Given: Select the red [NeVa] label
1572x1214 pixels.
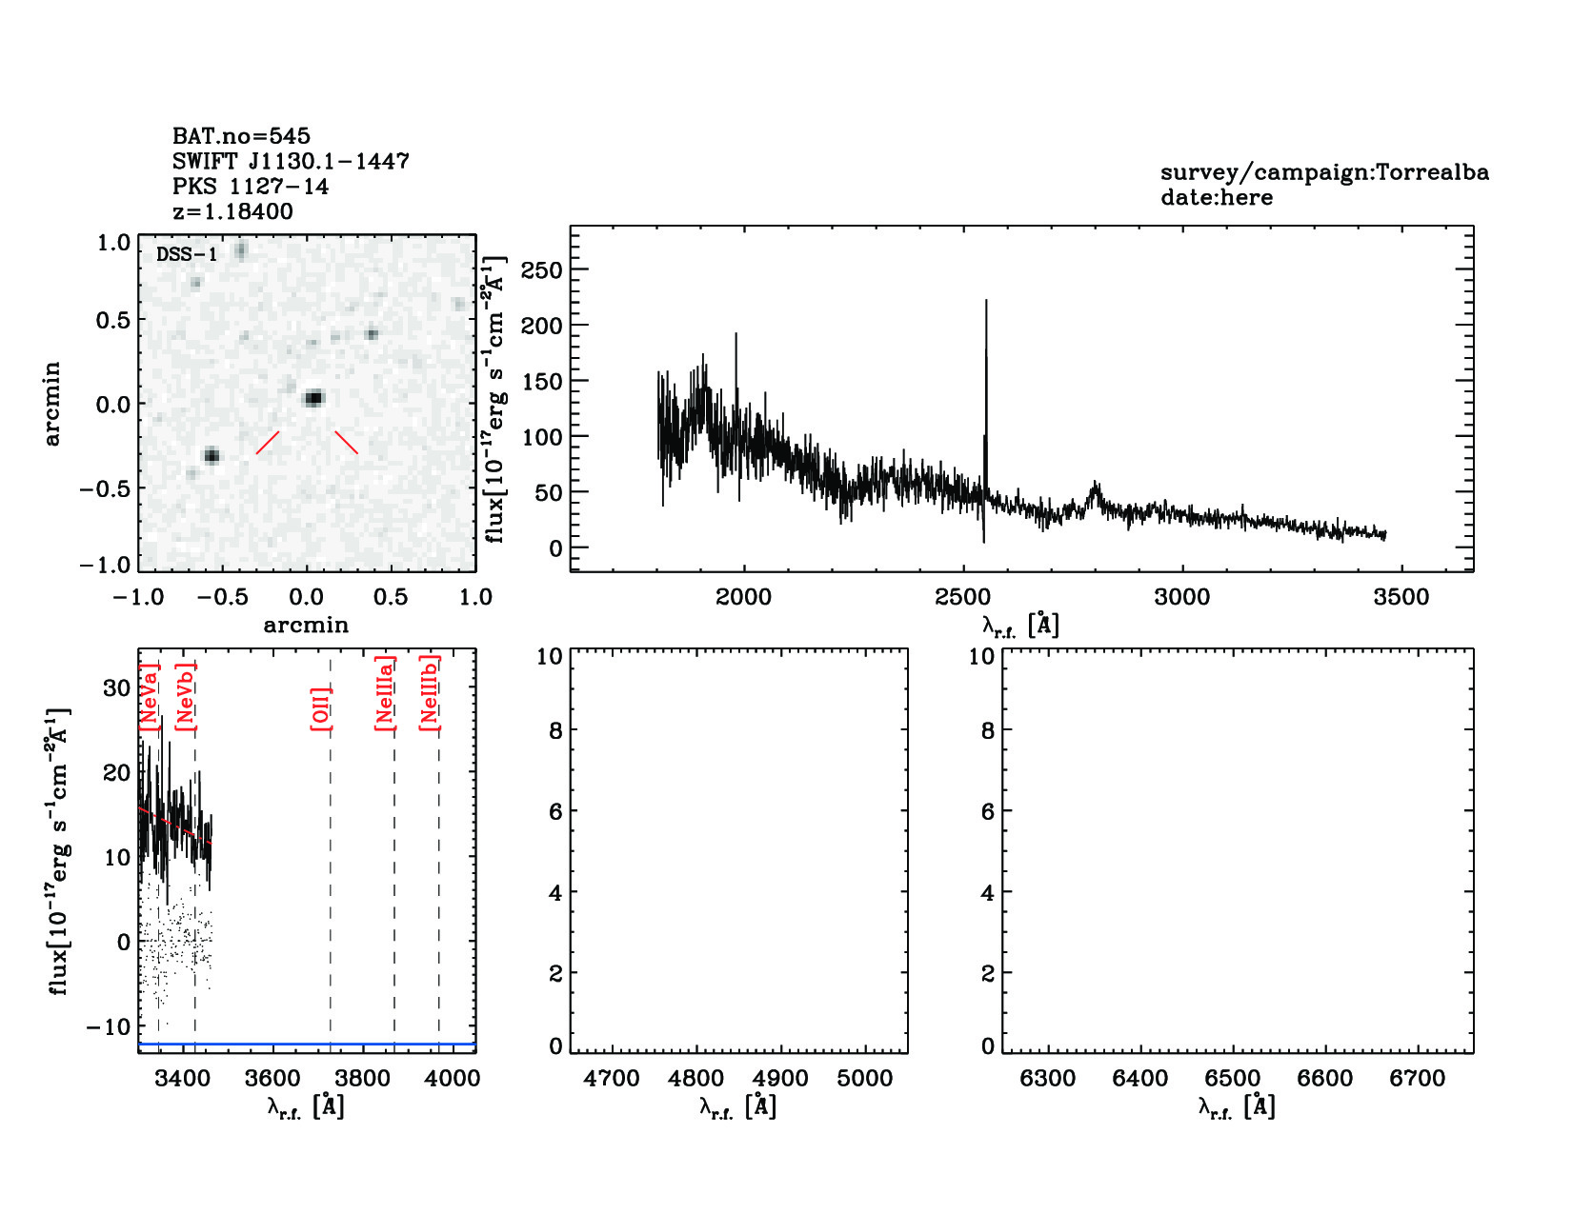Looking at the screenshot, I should point(149,697).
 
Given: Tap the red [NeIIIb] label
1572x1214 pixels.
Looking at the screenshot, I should point(430,692).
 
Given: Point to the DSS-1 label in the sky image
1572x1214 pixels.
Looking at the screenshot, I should point(187,254).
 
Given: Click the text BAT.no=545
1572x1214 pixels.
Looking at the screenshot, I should point(241,136).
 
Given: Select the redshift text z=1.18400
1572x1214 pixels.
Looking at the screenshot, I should point(232,211).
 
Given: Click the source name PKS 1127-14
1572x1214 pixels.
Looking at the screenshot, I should point(250,187).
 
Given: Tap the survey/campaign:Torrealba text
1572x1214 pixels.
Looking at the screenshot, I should point(1324,172).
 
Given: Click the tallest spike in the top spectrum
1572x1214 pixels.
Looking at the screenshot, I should point(986,305).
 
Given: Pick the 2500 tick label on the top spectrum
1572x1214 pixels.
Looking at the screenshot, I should point(963,597).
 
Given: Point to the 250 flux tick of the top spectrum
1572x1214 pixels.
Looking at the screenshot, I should point(542,269).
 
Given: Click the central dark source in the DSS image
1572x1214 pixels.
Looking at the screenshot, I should point(313,398).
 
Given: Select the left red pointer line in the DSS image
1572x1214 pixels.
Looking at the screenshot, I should point(268,443).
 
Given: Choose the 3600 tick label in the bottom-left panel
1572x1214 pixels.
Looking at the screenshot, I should point(272,1078).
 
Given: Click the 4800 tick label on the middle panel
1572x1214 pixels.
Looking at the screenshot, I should point(696,1078).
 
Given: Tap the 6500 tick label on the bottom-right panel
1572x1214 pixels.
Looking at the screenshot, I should point(1233,1078).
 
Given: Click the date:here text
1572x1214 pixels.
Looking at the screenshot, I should point(1217,197).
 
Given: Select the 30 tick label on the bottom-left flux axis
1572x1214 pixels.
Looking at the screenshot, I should point(116,688).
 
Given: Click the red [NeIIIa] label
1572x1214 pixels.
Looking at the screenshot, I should point(385,693).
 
